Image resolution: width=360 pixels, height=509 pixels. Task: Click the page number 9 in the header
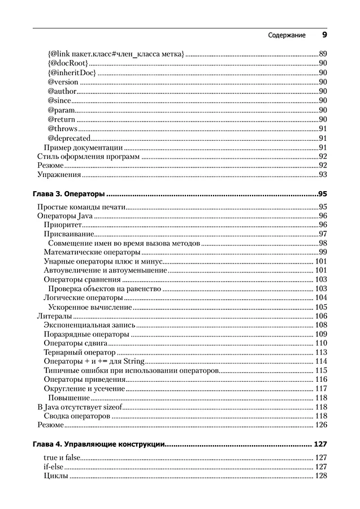point(324,35)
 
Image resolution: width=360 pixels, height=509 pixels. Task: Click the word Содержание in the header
point(287,36)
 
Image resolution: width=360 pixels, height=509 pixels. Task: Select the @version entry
point(63,82)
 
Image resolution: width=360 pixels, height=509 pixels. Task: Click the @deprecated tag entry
point(69,138)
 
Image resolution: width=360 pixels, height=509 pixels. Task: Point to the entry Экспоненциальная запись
point(89,325)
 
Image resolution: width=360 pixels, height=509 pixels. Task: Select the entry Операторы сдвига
point(75,343)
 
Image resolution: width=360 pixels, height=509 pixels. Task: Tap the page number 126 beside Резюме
point(321,425)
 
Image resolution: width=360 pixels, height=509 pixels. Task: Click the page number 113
point(321,352)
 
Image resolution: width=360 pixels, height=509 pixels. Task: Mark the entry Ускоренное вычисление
point(90,307)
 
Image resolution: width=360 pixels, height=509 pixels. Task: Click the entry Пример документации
point(83,148)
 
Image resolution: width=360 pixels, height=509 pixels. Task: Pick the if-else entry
point(54,467)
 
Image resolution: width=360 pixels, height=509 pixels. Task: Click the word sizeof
point(111,407)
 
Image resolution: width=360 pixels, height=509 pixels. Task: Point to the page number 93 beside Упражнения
point(323,175)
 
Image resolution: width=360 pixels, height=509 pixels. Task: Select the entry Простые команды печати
point(81,207)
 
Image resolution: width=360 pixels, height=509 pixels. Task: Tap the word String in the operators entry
point(135,361)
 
